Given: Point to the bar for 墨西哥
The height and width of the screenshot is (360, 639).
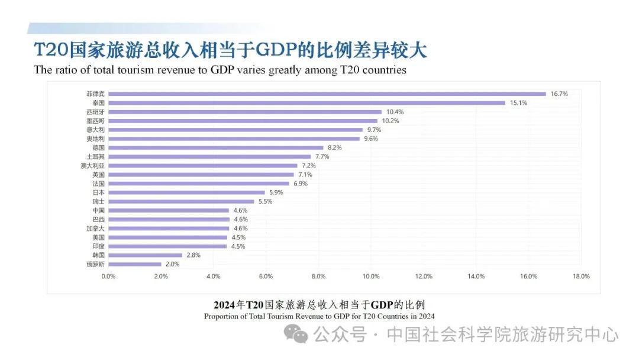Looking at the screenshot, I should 243,121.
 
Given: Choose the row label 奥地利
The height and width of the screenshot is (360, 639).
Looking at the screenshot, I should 95,139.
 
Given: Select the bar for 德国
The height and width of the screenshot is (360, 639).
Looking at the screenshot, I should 215,147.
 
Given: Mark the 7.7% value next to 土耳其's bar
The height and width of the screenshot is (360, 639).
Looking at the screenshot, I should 322,157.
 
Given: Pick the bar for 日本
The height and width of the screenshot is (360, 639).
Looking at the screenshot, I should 186,192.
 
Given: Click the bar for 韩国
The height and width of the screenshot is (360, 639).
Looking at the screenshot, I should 145,255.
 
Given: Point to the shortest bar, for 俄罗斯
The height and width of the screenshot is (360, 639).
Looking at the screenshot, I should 134,264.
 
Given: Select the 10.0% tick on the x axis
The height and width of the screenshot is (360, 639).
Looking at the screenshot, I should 371,277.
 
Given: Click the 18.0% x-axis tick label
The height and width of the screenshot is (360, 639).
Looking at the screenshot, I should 581,277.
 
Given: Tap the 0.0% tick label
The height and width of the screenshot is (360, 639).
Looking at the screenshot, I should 108,277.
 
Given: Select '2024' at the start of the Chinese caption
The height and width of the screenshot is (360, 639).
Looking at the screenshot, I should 224,305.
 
